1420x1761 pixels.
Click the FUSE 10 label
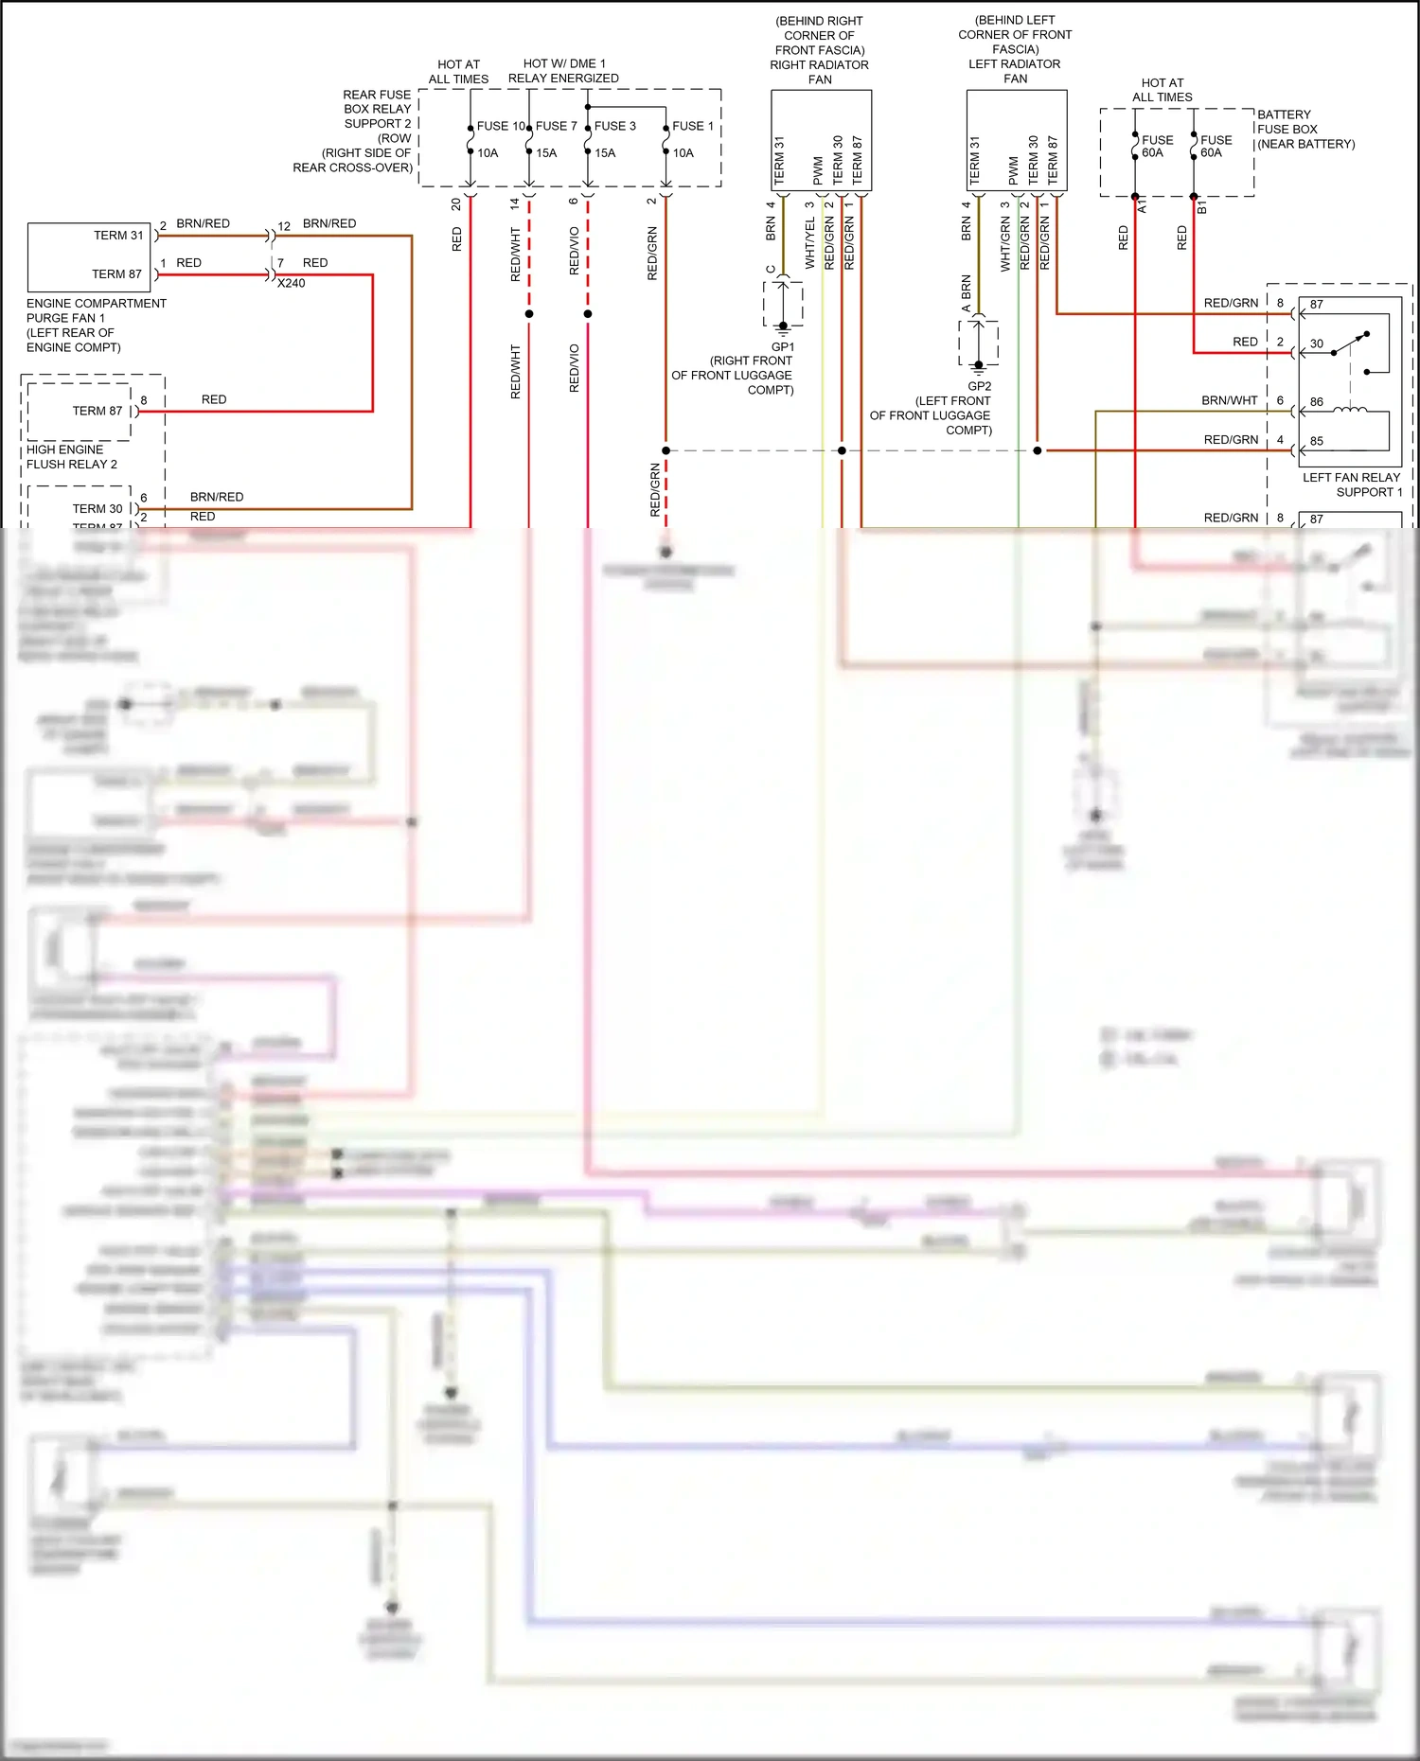[x=501, y=126]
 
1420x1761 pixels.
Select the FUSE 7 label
[x=556, y=126]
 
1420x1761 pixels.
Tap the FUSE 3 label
[x=614, y=126]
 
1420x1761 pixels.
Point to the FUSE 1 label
[x=693, y=126]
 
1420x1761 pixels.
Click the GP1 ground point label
[x=783, y=347]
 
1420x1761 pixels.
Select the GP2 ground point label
[x=980, y=386]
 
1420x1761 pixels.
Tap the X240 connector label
[x=291, y=283]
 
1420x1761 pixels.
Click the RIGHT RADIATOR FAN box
[x=821, y=140]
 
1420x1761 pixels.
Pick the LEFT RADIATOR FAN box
[x=1016, y=140]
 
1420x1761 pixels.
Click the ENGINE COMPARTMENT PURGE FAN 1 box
[x=89, y=256]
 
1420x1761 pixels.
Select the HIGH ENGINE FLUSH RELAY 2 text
[x=72, y=457]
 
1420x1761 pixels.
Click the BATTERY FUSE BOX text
[x=1287, y=129]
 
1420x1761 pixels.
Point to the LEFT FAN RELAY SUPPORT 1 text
[x=1352, y=484]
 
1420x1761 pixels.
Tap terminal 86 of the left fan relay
[x=1317, y=402]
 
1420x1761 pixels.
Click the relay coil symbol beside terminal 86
[x=1349, y=409]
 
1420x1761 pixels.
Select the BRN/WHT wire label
[x=1229, y=400]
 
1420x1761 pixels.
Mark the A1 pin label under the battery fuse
[x=1142, y=206]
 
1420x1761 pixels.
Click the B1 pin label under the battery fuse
[x=1201, y=206]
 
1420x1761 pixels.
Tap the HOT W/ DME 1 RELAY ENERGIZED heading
[x=563, y=71]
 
